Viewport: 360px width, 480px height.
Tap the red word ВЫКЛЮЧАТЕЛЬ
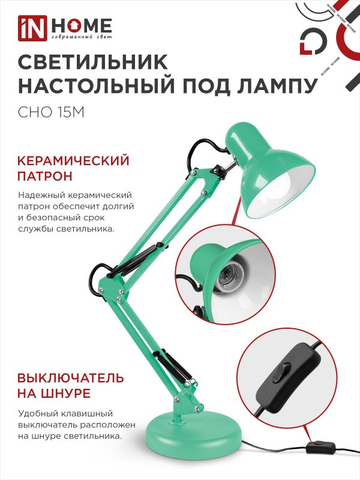tap(71, 378)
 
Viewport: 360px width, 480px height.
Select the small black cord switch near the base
tap(317, 447)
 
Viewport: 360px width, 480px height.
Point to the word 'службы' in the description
tap(40, 230)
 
